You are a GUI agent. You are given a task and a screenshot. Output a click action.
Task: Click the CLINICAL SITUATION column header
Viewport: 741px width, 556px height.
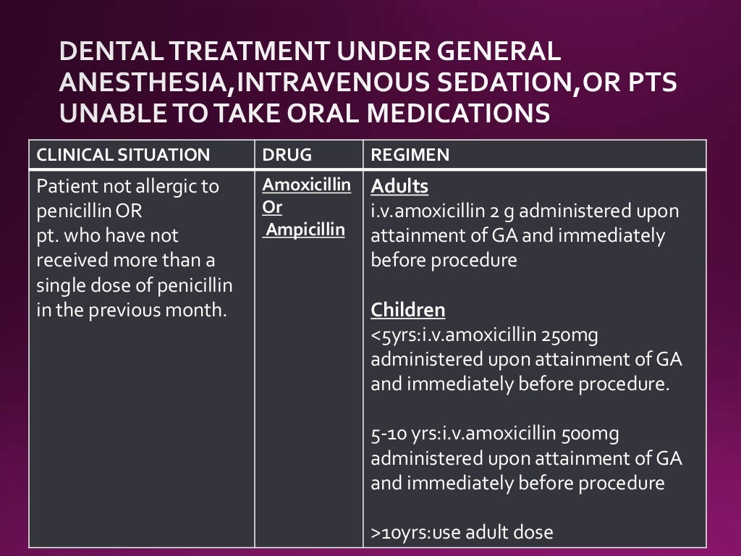(123, 155)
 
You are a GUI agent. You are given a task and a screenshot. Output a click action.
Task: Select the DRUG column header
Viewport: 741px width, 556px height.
(287, 155)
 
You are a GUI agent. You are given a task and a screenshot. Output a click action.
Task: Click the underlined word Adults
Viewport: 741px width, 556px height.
(399, 187)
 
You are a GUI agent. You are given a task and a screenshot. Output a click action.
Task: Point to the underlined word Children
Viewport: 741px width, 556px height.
(408, 311)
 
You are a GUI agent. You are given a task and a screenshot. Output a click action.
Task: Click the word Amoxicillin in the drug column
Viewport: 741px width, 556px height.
(307, 184)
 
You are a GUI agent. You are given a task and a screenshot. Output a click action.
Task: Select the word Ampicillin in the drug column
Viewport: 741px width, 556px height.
(304, 232)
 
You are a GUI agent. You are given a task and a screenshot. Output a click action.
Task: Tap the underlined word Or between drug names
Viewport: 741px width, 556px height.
(272, 208)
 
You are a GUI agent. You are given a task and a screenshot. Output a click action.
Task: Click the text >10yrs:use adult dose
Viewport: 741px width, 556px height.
(462, 533)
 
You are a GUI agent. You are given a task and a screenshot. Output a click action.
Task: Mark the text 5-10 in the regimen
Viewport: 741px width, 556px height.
(386, 434)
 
